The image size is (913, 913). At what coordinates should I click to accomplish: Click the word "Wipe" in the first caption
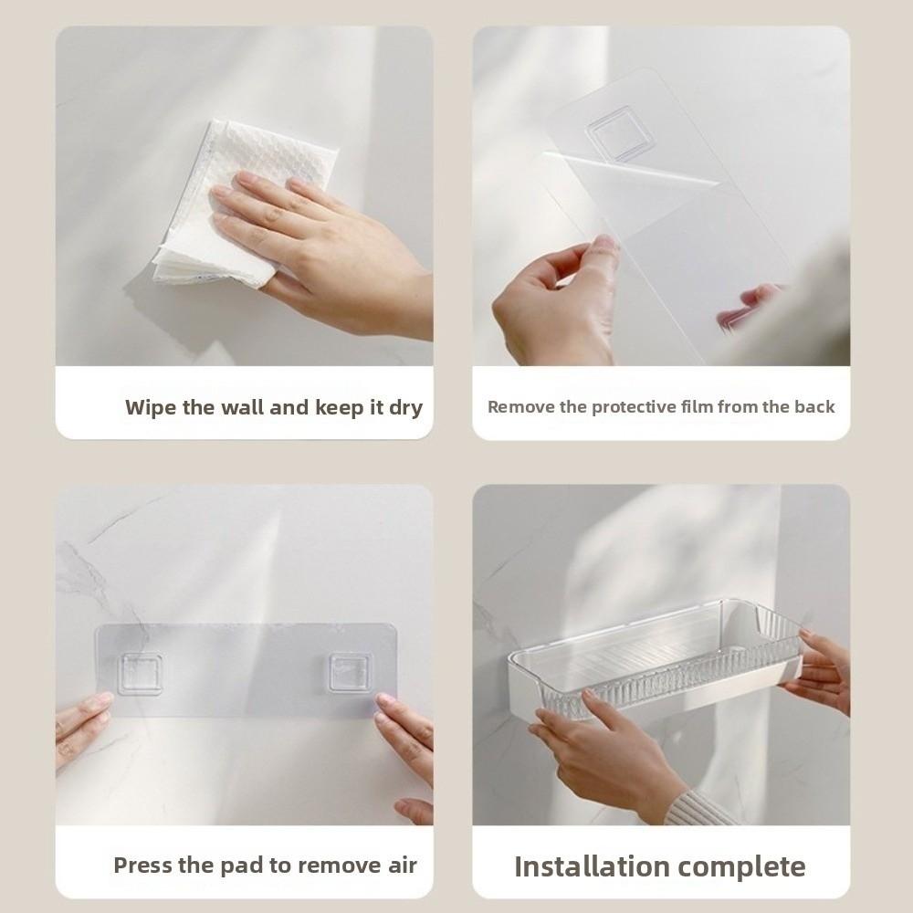[151, 407]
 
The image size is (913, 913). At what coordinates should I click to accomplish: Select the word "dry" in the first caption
[405, 407]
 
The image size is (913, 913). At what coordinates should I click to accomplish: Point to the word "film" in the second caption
[697, 407]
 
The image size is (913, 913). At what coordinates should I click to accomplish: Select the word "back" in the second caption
[814, 407]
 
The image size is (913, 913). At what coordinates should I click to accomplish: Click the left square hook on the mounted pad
[140, 674]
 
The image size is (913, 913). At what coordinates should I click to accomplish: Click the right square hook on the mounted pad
[350, 674]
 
